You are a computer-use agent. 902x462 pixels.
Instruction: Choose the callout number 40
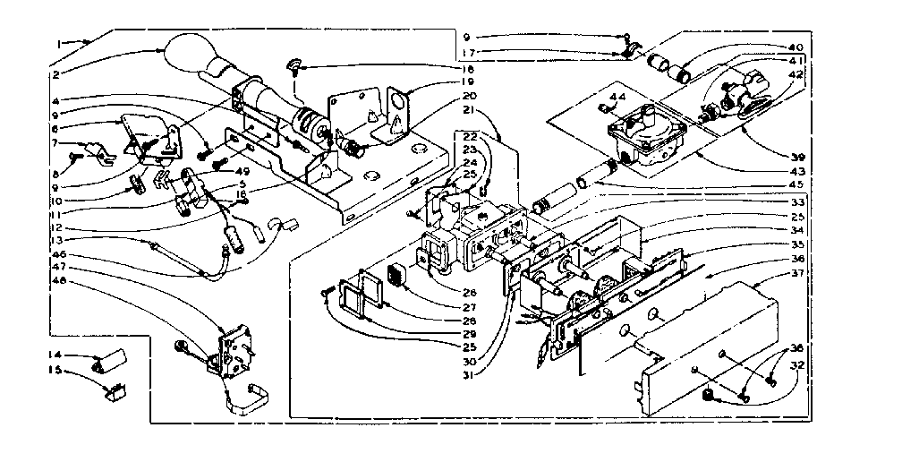click(796, 47)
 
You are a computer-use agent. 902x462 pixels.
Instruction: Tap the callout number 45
click(796, 186)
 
